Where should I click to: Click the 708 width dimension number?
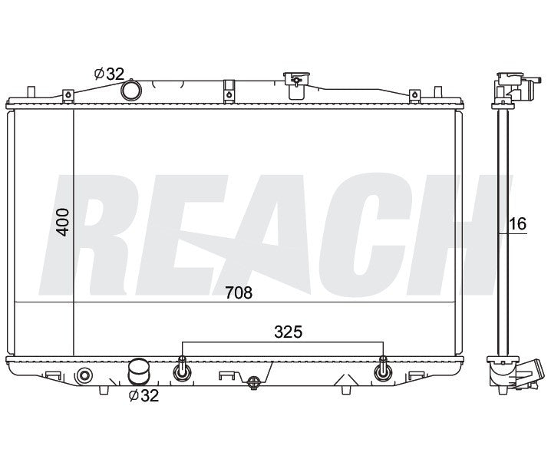pos(239,292)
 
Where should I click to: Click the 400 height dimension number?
pos(63,222)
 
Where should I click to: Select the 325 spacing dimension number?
pos(288,332)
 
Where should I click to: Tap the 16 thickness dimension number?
pos(518,223)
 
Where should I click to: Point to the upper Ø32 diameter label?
pos(109,74)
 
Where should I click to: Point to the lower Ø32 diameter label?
pos(144,396)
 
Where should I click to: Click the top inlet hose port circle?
pos(131,91)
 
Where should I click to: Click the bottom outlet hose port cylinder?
pos(138,372)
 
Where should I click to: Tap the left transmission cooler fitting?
pos(183,369)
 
